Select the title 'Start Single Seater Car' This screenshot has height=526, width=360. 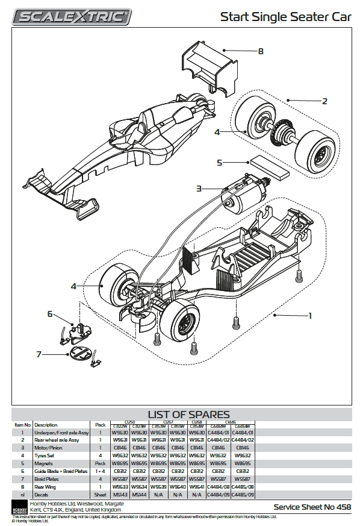point(285,17)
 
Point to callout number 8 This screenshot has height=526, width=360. point(261,51)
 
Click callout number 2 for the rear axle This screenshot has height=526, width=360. point(324,101)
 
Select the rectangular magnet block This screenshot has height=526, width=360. point(268,166)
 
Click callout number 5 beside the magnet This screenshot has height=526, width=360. point(220,163)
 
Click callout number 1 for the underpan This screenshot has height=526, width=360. point(310,315)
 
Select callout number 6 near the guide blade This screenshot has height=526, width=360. point(51,314)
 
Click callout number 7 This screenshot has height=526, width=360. point(39,354)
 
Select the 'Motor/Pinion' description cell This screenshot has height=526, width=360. point(49,448)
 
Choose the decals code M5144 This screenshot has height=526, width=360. point(139,495)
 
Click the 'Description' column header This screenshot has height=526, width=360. point(46,425)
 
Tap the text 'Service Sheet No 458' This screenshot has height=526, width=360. point(312,507)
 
